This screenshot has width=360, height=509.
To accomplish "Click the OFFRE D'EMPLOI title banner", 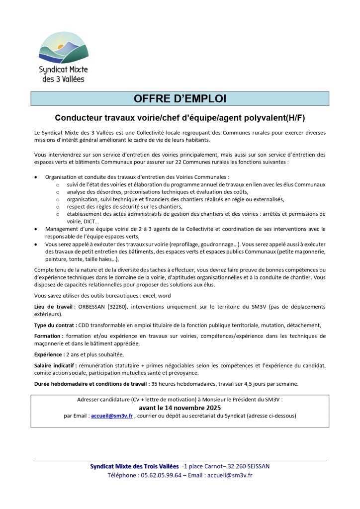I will (x=180, y=98).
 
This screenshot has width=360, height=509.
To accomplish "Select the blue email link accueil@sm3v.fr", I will (x=112, y=416).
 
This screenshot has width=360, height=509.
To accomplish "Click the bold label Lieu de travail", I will (x=54, y=307).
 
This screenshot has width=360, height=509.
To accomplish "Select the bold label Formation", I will (x=48, y=336).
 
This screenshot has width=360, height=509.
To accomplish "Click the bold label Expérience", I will (x=50, y=354).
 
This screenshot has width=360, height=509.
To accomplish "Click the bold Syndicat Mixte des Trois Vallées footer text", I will (x=134, y=466).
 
